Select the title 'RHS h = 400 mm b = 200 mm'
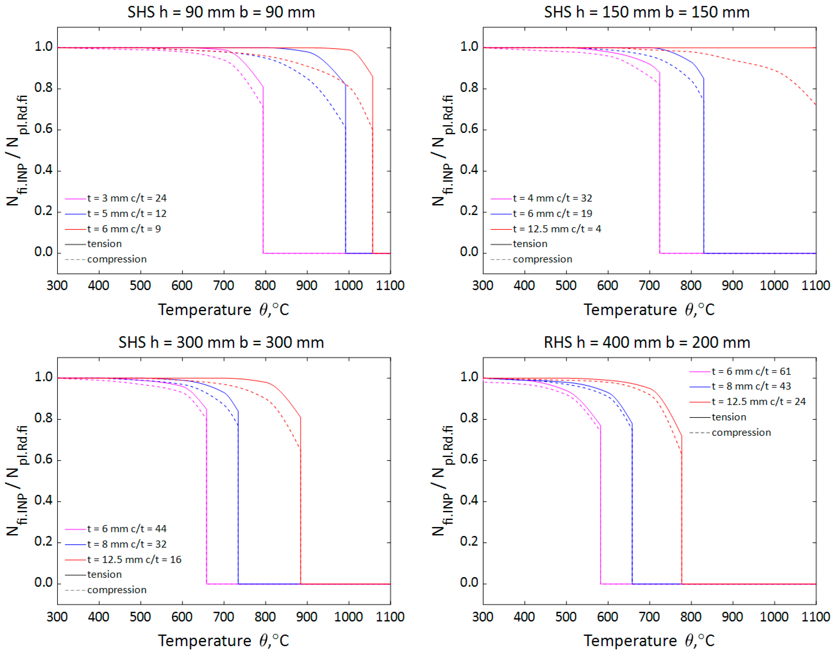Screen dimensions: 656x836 click(x=647, y=343)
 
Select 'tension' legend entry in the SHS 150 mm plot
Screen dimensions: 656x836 click(x=530, y=244)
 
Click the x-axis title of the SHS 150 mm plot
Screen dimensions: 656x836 click(x=649, y=310)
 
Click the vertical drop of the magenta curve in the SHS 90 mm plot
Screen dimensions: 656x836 click(x=263, y=173)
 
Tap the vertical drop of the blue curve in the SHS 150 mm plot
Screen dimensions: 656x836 click(x=704, y=173)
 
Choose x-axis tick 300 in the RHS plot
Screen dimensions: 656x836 click(x=483, y=617)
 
